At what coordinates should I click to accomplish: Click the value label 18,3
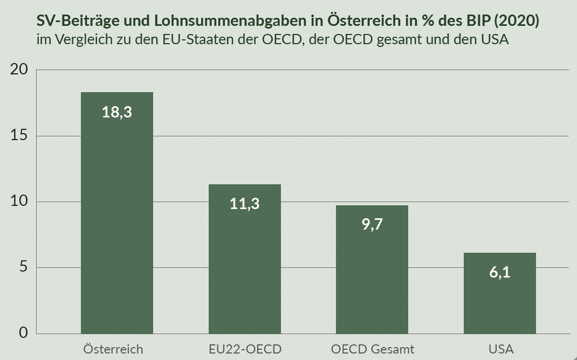[116, 112]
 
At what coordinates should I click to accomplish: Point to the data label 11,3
[244, 204]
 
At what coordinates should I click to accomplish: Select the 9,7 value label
[372, 225]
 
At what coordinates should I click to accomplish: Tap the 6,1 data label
[499, 272]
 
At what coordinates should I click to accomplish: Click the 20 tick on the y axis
[19, 70]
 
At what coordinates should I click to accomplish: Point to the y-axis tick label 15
[19, 136]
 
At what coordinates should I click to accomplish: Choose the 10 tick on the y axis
[19, 202]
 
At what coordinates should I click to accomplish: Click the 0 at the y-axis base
[23, 333]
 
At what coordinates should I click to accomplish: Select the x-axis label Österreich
[113, 349]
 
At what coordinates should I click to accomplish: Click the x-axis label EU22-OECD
[245, 349]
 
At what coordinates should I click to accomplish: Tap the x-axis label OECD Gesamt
[373, 349]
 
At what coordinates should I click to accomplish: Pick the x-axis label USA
[501, 349]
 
